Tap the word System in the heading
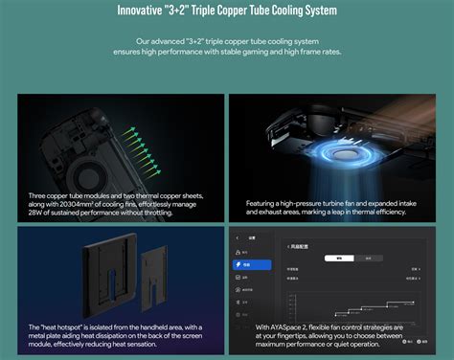(x=315, y=12)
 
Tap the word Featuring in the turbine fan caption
(x=264, y=203)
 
